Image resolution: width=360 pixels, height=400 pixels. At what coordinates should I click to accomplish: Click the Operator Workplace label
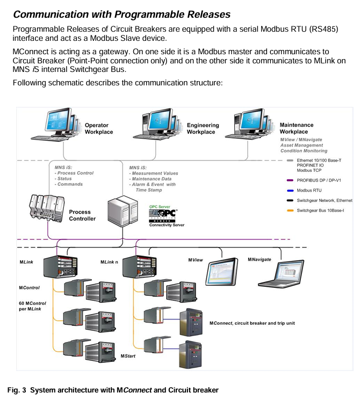[x=100, y=129]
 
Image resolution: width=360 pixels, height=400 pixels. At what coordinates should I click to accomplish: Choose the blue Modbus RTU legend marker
[x=290, y=190]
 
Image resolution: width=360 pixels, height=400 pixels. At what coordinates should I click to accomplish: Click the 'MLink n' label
[x=111, y=262]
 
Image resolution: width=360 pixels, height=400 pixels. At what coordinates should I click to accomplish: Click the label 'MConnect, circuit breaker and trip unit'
[x=252, y=323]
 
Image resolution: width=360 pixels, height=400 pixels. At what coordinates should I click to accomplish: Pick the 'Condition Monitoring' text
[x=304, y=151]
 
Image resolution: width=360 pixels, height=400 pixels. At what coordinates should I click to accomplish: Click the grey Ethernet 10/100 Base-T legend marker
[x=290, y=160]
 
